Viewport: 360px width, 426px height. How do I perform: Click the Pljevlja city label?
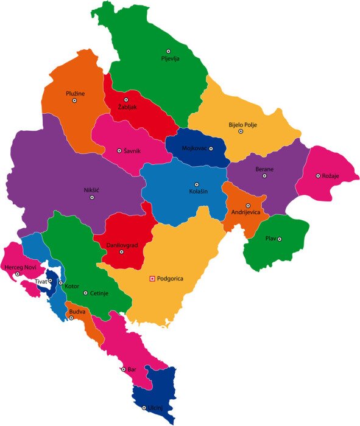[x=171, y=59]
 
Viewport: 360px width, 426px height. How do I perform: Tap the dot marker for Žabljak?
[x=127, y=100]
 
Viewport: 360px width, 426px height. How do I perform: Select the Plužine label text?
[x=76, y=93]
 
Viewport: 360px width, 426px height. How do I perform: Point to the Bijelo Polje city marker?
[x=241, y=131]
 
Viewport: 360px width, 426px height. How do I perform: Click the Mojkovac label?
[x=194, y=148]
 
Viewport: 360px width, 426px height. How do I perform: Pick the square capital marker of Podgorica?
[x=152, y=279]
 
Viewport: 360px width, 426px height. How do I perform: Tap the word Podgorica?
[x=170, y=279]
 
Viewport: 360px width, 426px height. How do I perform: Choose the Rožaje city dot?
[x=318, y=176]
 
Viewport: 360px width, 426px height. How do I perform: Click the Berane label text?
[x=264, y=168]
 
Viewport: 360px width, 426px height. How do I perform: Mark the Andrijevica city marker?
[x=248, y=206]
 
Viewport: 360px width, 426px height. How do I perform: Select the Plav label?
[x=270, y=239]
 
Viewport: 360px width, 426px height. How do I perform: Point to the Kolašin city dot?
[x=197, y=184]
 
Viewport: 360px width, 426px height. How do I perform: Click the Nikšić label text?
[x=91, y=190]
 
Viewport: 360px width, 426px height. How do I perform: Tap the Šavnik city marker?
[x=119, y=150]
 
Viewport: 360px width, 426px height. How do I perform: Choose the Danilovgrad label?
[x=121, y=244]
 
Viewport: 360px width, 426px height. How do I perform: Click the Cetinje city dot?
[x=85, y=293]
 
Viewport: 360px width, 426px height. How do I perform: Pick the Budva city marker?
[x=71, y=318]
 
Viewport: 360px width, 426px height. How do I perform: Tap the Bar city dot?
[x=123, y=369]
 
